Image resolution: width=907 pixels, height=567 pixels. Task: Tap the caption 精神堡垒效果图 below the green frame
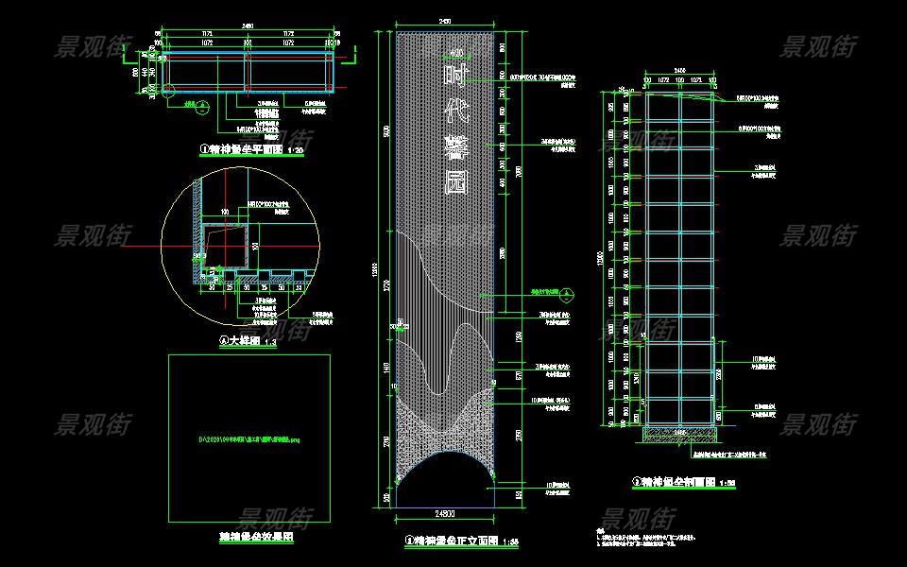click(x=250, y=535)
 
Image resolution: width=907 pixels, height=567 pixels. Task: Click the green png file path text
click(x=249, y=439)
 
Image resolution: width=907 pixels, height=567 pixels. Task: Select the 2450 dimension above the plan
click(x=248, y=25)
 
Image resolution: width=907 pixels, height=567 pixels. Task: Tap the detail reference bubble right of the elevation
click(x=565, y=294)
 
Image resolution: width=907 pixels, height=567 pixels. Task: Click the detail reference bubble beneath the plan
click(x=201, y=107)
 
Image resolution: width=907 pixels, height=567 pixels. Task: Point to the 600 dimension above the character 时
click(x=456, y=53)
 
